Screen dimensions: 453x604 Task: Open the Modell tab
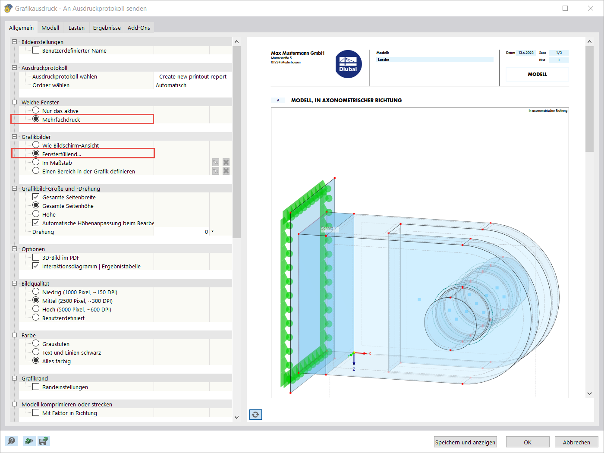coord(50,28)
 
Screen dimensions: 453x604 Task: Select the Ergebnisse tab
coord(107,28)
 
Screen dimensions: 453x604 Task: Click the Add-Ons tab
coord(139,28)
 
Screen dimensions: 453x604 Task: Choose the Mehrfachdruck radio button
coord(36,119)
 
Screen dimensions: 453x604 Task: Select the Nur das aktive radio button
coord(36,110)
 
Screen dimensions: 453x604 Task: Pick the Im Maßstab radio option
coord(36,162)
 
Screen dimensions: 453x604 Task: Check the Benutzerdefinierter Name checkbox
coord(36,50)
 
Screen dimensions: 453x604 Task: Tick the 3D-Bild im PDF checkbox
coord(36,258)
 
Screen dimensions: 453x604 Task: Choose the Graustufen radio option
coord(36,343)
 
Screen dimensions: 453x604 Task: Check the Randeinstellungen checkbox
coord(36,387)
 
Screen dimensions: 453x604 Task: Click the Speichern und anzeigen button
coord(465,442)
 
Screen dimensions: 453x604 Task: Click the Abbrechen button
coord(576,442)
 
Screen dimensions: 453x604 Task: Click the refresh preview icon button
coord(255,415)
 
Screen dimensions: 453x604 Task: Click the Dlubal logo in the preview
coord(348,65)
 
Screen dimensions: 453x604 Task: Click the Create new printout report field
coord(192,76)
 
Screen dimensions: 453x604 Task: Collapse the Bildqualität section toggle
coord(14,283)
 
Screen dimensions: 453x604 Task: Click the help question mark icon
coord(12,441)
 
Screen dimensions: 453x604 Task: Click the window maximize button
coord(565,8)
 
